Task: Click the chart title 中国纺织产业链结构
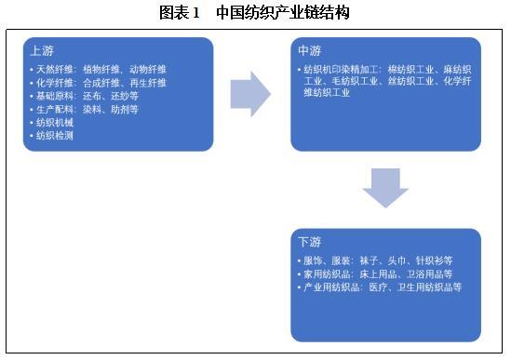282,12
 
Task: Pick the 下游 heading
308,243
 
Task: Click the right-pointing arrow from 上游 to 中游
249,94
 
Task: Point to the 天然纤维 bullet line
98,70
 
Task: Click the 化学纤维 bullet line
98,83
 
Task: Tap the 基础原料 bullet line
85,96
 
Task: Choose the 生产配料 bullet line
85,109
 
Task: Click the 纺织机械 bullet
53,122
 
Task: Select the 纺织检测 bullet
53,135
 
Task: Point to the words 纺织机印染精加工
336,70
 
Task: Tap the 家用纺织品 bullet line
377,274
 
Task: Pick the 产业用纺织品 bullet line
383,287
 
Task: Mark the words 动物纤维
147,70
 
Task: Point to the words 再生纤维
147,83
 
